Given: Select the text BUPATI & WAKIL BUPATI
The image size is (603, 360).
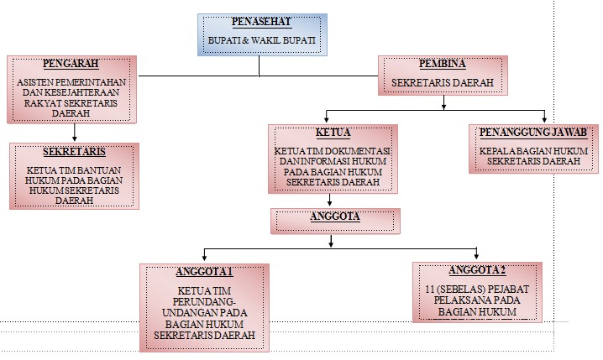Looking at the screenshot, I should [x=262, y=39].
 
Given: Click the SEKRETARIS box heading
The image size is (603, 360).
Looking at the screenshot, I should [x=73, y=152].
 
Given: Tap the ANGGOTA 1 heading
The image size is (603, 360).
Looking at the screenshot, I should [x=205, y=272].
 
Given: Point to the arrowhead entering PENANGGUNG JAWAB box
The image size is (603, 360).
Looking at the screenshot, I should [x=544, y=117].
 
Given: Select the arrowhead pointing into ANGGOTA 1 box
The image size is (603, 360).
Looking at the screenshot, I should [x=204, y=257].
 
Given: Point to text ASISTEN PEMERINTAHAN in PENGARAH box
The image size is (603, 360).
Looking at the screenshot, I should [x=73, y=81].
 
